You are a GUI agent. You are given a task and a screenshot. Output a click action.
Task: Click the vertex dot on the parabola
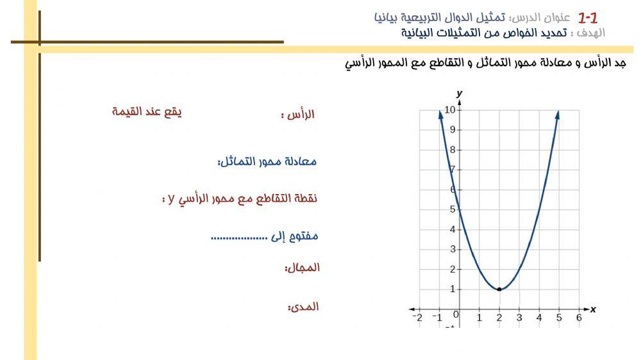click(499, 289)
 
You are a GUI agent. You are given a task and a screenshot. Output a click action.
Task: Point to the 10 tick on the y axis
click(450, 110)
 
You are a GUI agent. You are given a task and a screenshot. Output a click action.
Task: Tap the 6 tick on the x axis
click(579, 318)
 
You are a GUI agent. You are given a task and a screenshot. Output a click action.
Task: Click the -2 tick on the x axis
click(417, 318)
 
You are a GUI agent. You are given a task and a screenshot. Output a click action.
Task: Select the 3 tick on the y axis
click(453, 249)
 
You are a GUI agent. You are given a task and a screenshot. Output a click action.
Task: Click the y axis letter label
click(460, 94)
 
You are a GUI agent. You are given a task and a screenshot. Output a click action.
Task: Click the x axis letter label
click(593, 309)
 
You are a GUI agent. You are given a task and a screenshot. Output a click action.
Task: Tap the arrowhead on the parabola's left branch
click(440, 114)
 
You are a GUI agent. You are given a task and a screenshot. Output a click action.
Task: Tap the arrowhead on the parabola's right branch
click(558, 114)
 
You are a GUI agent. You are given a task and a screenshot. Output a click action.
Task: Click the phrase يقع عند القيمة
click(147, 111)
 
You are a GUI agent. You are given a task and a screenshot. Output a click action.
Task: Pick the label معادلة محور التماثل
click(267, 161)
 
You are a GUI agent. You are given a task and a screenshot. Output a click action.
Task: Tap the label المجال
click(302, 268)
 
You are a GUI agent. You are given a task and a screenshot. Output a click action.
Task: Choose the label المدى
click(303, 307)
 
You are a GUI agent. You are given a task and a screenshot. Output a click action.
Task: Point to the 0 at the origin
click(456, 315)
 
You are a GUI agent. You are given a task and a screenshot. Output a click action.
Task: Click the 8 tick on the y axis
click(453, 150)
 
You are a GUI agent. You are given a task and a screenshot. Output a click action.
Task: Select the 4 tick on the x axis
click(539, 318)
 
